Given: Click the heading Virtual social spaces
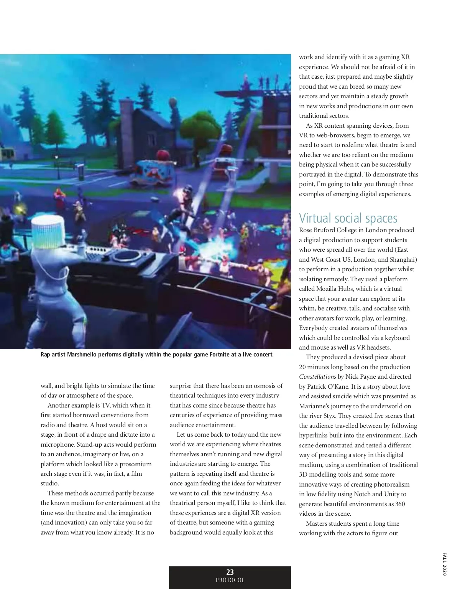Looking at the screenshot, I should click(348, 218).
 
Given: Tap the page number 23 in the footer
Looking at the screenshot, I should click(230, 572).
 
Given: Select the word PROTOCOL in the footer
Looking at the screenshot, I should click(230, 580).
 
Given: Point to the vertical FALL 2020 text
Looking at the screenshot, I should click(444, 564).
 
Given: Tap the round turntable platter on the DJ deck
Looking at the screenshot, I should click(127, 255).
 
